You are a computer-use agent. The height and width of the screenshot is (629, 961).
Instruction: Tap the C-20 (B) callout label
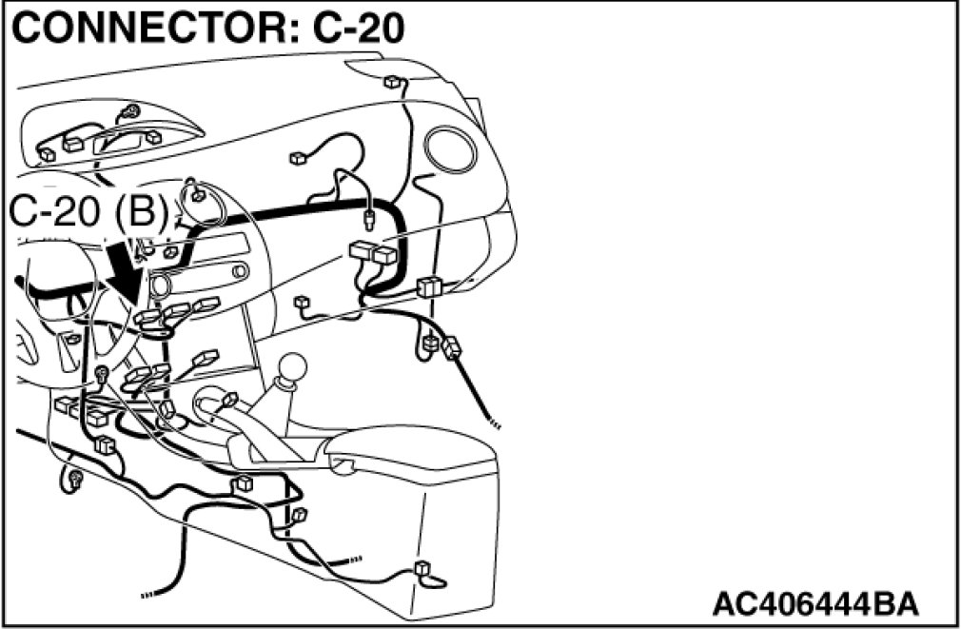click(x=90, y=213)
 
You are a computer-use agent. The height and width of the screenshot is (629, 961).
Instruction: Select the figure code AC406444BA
click(x=815, y=602)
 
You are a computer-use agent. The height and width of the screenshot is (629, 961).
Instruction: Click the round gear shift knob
click(x=297, y=366)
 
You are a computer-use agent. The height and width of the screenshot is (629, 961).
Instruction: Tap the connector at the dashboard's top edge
click(x=391, y=83)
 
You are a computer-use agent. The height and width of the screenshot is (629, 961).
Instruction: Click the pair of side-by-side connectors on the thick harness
click(x=372, y=254)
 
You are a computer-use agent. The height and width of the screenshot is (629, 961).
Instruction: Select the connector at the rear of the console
click(x=423, y=571)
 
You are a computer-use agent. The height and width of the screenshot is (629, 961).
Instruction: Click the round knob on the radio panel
click(x=158, y=285)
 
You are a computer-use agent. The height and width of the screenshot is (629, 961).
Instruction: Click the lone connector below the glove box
click(x=303, y=304)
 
